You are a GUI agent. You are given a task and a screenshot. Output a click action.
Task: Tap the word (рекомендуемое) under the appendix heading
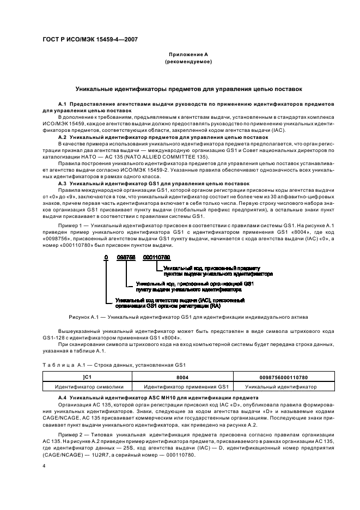(x=188, y=62)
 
